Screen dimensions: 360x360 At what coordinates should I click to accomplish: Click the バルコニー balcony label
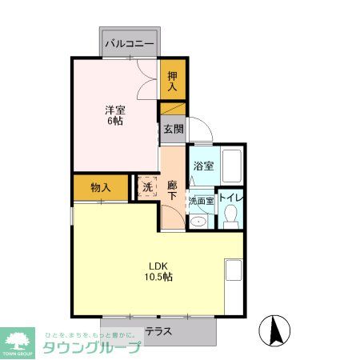pyautogui.click(x=128, y=43)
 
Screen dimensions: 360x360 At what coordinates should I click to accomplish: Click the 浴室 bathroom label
pyautogui.click(x=203, y=166)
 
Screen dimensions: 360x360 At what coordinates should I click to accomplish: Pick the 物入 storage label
pyautogui.click(x=101, y=187)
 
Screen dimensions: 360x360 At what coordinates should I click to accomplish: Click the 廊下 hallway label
pyautogui.click(x=172, y=192)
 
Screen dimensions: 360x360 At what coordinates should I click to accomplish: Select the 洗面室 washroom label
pyautogui.click(x=201, y=201)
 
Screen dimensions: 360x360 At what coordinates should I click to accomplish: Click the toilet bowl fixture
pyautogui.click(x=231, y=215)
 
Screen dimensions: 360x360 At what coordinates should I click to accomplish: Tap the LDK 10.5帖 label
pyautogui.click(x=158, y=271)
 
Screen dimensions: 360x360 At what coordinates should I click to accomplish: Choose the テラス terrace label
pyautogui.click(x=159, y=330)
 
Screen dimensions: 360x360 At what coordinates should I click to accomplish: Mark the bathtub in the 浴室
pyautogui.click(x=231, y=166)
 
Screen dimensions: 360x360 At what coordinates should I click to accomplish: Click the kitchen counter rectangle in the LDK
pyautogui.click(x=234, y=270)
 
